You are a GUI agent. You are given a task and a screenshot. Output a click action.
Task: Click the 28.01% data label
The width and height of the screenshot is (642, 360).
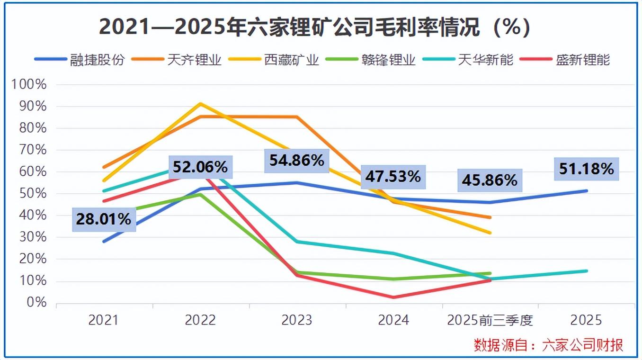pyautogui.click(x=104, y=219)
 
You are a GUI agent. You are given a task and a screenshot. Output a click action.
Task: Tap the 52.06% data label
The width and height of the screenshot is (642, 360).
pyautogui.click(x=200, y=167)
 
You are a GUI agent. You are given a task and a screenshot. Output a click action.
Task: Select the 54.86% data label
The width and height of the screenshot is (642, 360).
pyautogui.click(x=297, y=160)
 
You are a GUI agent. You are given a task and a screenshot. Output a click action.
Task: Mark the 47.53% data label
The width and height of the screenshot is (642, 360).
pyautogui.click(x=393, y=177)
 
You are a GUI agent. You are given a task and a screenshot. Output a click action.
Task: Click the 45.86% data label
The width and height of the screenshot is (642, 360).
pyautogui.click(x=490, y=180)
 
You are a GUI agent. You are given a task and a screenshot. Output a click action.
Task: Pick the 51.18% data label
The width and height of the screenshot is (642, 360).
pyautogui.click(x=586, y=169)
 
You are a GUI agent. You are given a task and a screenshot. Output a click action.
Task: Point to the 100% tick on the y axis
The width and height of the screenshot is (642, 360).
pyautogui.click(x=29, y=85)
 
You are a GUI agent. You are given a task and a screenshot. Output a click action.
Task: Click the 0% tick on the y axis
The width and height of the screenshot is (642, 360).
pyautogui.click(x=36, y=303)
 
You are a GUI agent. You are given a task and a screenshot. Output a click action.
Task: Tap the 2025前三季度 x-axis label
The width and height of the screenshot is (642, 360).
pyautogui.click(x=490, y=321)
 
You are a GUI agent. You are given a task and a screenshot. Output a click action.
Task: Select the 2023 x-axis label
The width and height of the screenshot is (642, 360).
pyautogui.click(x=297, y=321)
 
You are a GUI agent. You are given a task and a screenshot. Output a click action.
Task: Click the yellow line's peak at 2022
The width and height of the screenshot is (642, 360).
pyautogui.click(x=201, y=103)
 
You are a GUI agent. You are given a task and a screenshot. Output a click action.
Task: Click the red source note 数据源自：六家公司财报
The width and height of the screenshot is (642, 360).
pyautogui.click(x=548, y=345)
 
